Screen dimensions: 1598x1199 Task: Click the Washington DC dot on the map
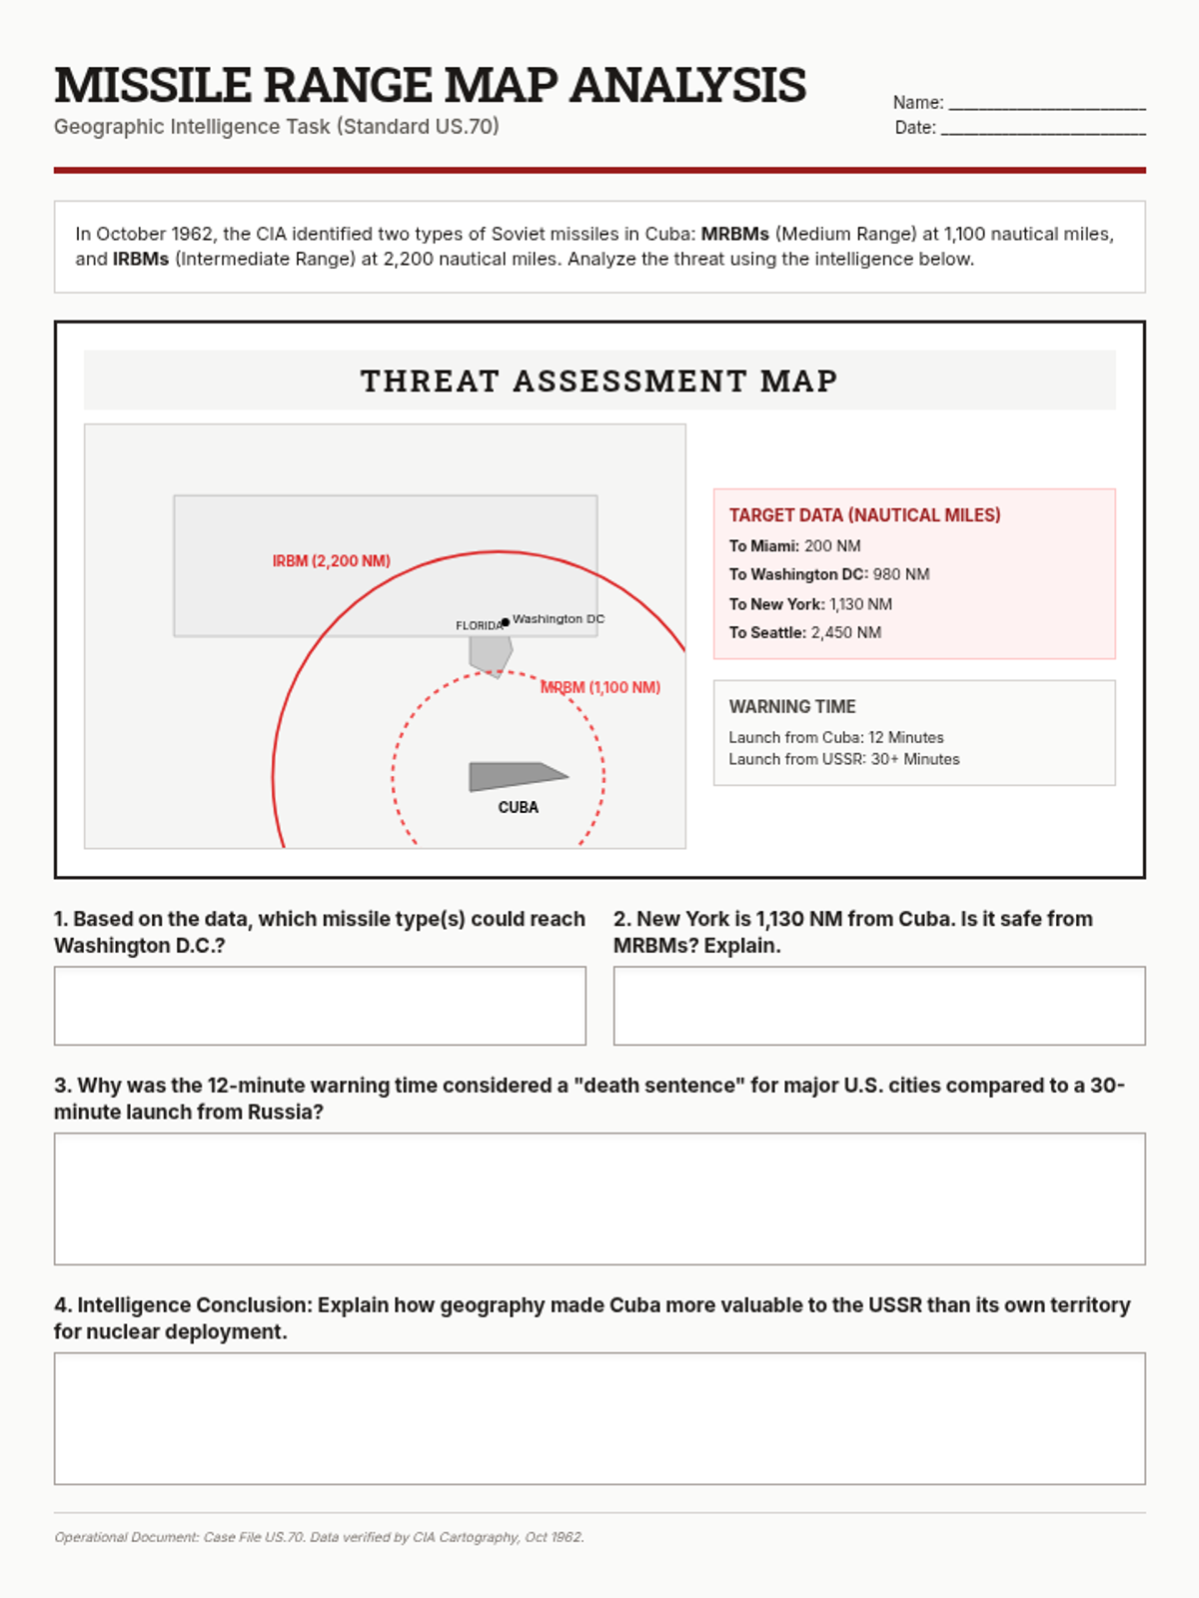[x=506, y=622]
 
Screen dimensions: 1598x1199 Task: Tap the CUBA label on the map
[x=518, y=807]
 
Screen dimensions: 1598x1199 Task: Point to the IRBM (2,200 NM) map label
[x=331, y=561]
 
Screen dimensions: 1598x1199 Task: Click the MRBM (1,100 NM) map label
[x=600, y=687]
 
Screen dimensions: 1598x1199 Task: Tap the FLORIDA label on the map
[x=479, y=626]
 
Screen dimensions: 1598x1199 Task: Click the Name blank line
[x=1046, y=104]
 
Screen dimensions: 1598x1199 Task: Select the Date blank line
[x=1043, y=129]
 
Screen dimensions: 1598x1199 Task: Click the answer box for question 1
[x=320, y=1005]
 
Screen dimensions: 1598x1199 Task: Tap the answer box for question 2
[x=879, y=1005]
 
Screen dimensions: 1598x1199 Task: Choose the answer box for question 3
[x=599, y=1198]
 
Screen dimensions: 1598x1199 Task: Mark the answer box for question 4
[x=599, y=1418]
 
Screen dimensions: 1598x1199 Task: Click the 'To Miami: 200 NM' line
[x=794, y=546]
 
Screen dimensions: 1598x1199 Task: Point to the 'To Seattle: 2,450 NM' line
[x=804, y=633]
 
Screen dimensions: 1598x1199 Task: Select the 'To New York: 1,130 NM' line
[x=810, y=604]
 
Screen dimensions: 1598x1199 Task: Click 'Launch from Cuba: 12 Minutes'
[x=835, y=738]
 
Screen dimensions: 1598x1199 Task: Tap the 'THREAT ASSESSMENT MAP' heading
[x=599, y=381]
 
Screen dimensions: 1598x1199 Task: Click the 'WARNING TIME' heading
[x=792, y=707]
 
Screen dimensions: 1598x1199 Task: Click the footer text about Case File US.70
[x=319, y=1537]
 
